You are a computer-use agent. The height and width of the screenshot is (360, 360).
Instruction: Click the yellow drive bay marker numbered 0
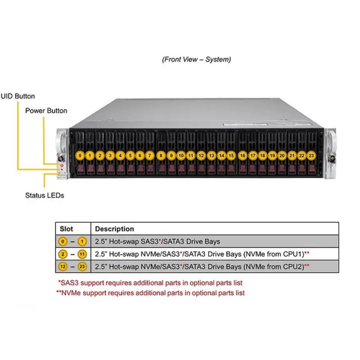80,156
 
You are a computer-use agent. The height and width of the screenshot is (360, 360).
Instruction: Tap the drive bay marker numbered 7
150,156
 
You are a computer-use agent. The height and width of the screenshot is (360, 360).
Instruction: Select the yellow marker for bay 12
201,156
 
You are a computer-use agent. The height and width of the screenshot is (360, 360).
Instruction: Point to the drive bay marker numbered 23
311,156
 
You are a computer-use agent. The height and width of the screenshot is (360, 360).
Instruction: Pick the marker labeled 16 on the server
243,156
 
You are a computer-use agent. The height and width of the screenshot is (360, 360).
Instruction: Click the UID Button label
18,96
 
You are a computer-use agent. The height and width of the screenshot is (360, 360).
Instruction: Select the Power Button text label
46,111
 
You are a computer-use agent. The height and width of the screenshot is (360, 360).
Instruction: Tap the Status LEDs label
45,195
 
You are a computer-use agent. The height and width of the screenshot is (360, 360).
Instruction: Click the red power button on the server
62,165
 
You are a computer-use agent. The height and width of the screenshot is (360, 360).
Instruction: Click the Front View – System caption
197,59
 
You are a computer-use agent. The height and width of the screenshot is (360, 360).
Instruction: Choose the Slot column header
66,229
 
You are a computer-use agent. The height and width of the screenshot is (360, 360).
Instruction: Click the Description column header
114,229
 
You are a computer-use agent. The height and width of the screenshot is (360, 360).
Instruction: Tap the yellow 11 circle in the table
82,254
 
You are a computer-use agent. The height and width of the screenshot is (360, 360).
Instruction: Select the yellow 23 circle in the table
82,267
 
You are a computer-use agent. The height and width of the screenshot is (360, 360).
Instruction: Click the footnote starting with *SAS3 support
150,283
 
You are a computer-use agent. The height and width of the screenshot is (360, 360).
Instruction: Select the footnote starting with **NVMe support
150,293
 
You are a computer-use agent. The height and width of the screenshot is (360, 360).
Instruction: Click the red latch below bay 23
312,168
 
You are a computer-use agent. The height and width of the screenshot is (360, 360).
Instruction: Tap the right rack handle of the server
330,153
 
